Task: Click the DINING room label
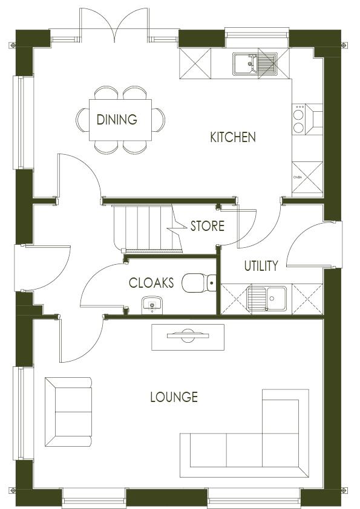[x=117, y=120]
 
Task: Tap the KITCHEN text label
[x=232, y=137]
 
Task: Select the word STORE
[x=207, y=227]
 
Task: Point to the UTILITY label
[x=261, y=265]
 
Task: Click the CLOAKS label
[x=151, y=282]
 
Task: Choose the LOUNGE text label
[x=174, y=397]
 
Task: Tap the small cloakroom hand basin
[x=151, y=305]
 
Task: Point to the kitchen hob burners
[x=299, y=118]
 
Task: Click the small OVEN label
[x=298, y=178]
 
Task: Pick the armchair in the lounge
[x=68, y=412]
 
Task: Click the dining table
[x=121, y=119]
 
